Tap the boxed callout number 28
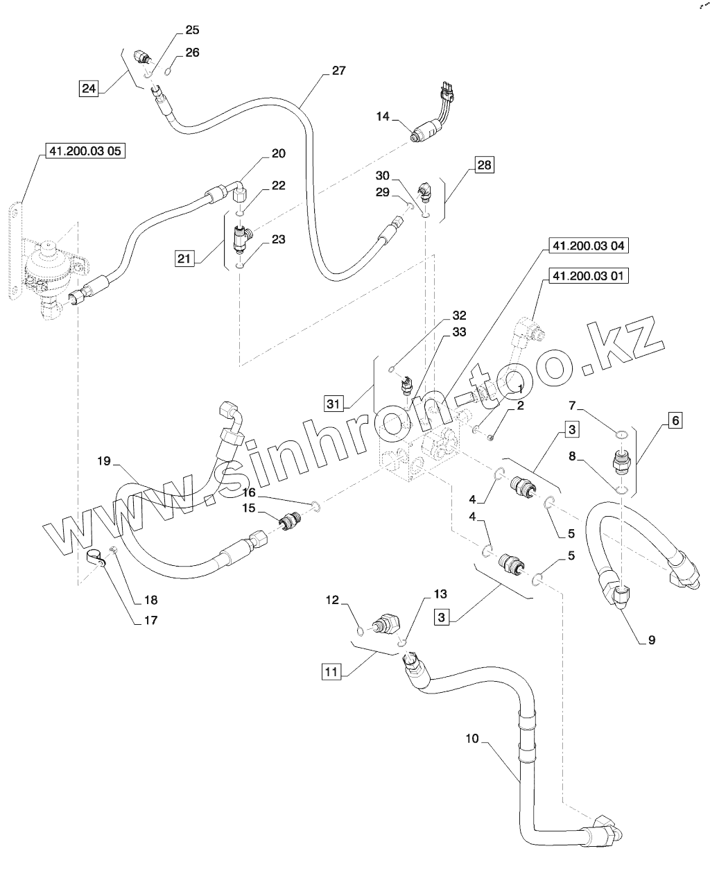(x=483, y=165)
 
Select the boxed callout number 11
(x=332, y=671)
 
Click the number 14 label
(x=383, y=117)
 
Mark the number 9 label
(x=651, y=640)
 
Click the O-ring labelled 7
(x=622, y=435)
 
